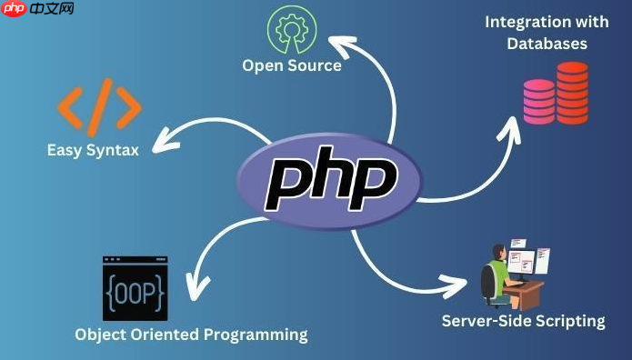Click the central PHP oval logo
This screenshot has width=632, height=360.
pos(330,180)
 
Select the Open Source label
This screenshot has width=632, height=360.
pos(291,65)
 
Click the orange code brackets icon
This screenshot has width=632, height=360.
pos(99,105)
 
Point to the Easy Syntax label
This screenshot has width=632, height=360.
pos(93,149)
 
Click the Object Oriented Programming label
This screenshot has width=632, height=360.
pos(191,335)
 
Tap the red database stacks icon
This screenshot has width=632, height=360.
pos(556,92)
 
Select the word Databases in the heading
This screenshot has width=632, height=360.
pos(547,43)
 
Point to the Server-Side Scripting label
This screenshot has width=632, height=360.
pos(523,320)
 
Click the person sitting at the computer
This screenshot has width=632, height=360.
pos(497,274)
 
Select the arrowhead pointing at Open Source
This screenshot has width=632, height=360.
pos(336,41)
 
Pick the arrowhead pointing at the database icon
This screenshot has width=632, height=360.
pos(511,125)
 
